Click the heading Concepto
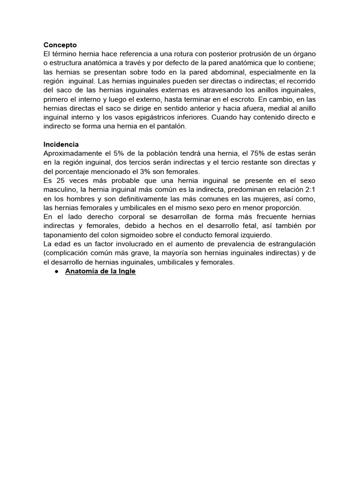[60, 45]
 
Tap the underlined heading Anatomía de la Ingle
[100, 271]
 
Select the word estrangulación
[288, 244]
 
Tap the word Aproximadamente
[73, 153]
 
